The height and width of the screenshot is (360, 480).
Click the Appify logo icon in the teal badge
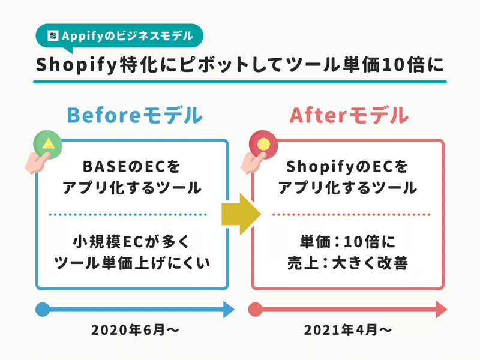[x=53, y=35]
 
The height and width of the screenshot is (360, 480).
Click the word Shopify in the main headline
[x=77, y=65]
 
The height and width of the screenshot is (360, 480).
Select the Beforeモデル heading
[x=134, y=115]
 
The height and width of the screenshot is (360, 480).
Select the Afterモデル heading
[x=349, y=115]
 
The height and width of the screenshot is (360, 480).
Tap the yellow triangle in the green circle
[x=49, y=143]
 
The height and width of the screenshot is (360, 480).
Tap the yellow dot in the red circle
[x=263, y=144]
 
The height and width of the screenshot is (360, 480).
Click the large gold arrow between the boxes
[x=241, y=214]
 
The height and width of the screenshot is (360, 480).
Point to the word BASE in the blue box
[x=100, y=167]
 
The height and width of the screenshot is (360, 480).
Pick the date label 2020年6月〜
[x=135, y=330]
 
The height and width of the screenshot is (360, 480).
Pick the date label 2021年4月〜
[x=348, y=330]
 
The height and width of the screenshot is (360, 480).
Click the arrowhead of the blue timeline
[x=229, y=310]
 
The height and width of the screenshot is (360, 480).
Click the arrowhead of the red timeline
[x=441, y=310]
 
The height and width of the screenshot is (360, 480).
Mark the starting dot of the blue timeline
[x=43, y=310]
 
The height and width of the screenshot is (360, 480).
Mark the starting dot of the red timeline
[x=256, y=310]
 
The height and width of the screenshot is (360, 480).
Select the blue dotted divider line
[x=128, y=215]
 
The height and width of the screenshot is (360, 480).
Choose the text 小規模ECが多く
[x=131, y=242]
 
